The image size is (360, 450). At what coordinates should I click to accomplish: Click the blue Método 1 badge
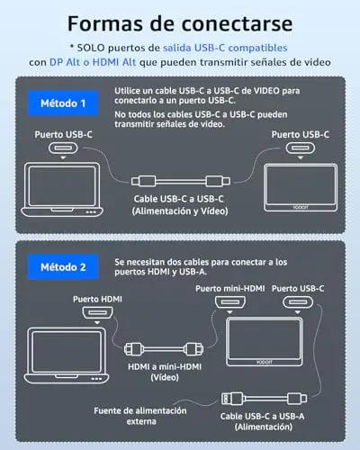point(63,103)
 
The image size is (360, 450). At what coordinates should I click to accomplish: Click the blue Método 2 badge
point(63,266)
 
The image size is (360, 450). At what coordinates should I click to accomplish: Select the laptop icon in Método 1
point(62,190)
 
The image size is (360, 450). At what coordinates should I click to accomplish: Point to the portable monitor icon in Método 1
point(301,187)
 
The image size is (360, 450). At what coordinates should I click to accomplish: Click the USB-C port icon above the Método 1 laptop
point(63,148)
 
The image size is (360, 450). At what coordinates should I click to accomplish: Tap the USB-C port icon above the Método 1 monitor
point(301,148)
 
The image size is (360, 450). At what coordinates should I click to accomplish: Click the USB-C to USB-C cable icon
point(181,181)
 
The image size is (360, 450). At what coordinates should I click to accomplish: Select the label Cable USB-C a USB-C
point(178,199)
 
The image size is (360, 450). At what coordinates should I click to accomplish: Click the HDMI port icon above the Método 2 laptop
point(97,313)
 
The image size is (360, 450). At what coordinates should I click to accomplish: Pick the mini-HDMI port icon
point(230,302)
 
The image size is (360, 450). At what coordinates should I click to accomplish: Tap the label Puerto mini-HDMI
point(230,289)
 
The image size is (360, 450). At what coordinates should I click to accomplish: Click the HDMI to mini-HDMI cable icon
point(164,349)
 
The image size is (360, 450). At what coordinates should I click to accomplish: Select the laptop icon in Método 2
point(67,355)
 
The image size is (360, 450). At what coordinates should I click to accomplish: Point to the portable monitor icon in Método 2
point(264,342)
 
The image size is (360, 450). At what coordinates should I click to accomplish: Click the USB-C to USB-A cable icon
point(264,399)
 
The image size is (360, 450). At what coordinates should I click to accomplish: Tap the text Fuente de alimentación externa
point(140,416)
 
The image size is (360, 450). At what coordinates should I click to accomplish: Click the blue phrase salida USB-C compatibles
point(225,48)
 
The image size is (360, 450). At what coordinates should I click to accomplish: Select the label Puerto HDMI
point(97,299)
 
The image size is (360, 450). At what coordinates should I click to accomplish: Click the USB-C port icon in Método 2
point(298,302)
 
